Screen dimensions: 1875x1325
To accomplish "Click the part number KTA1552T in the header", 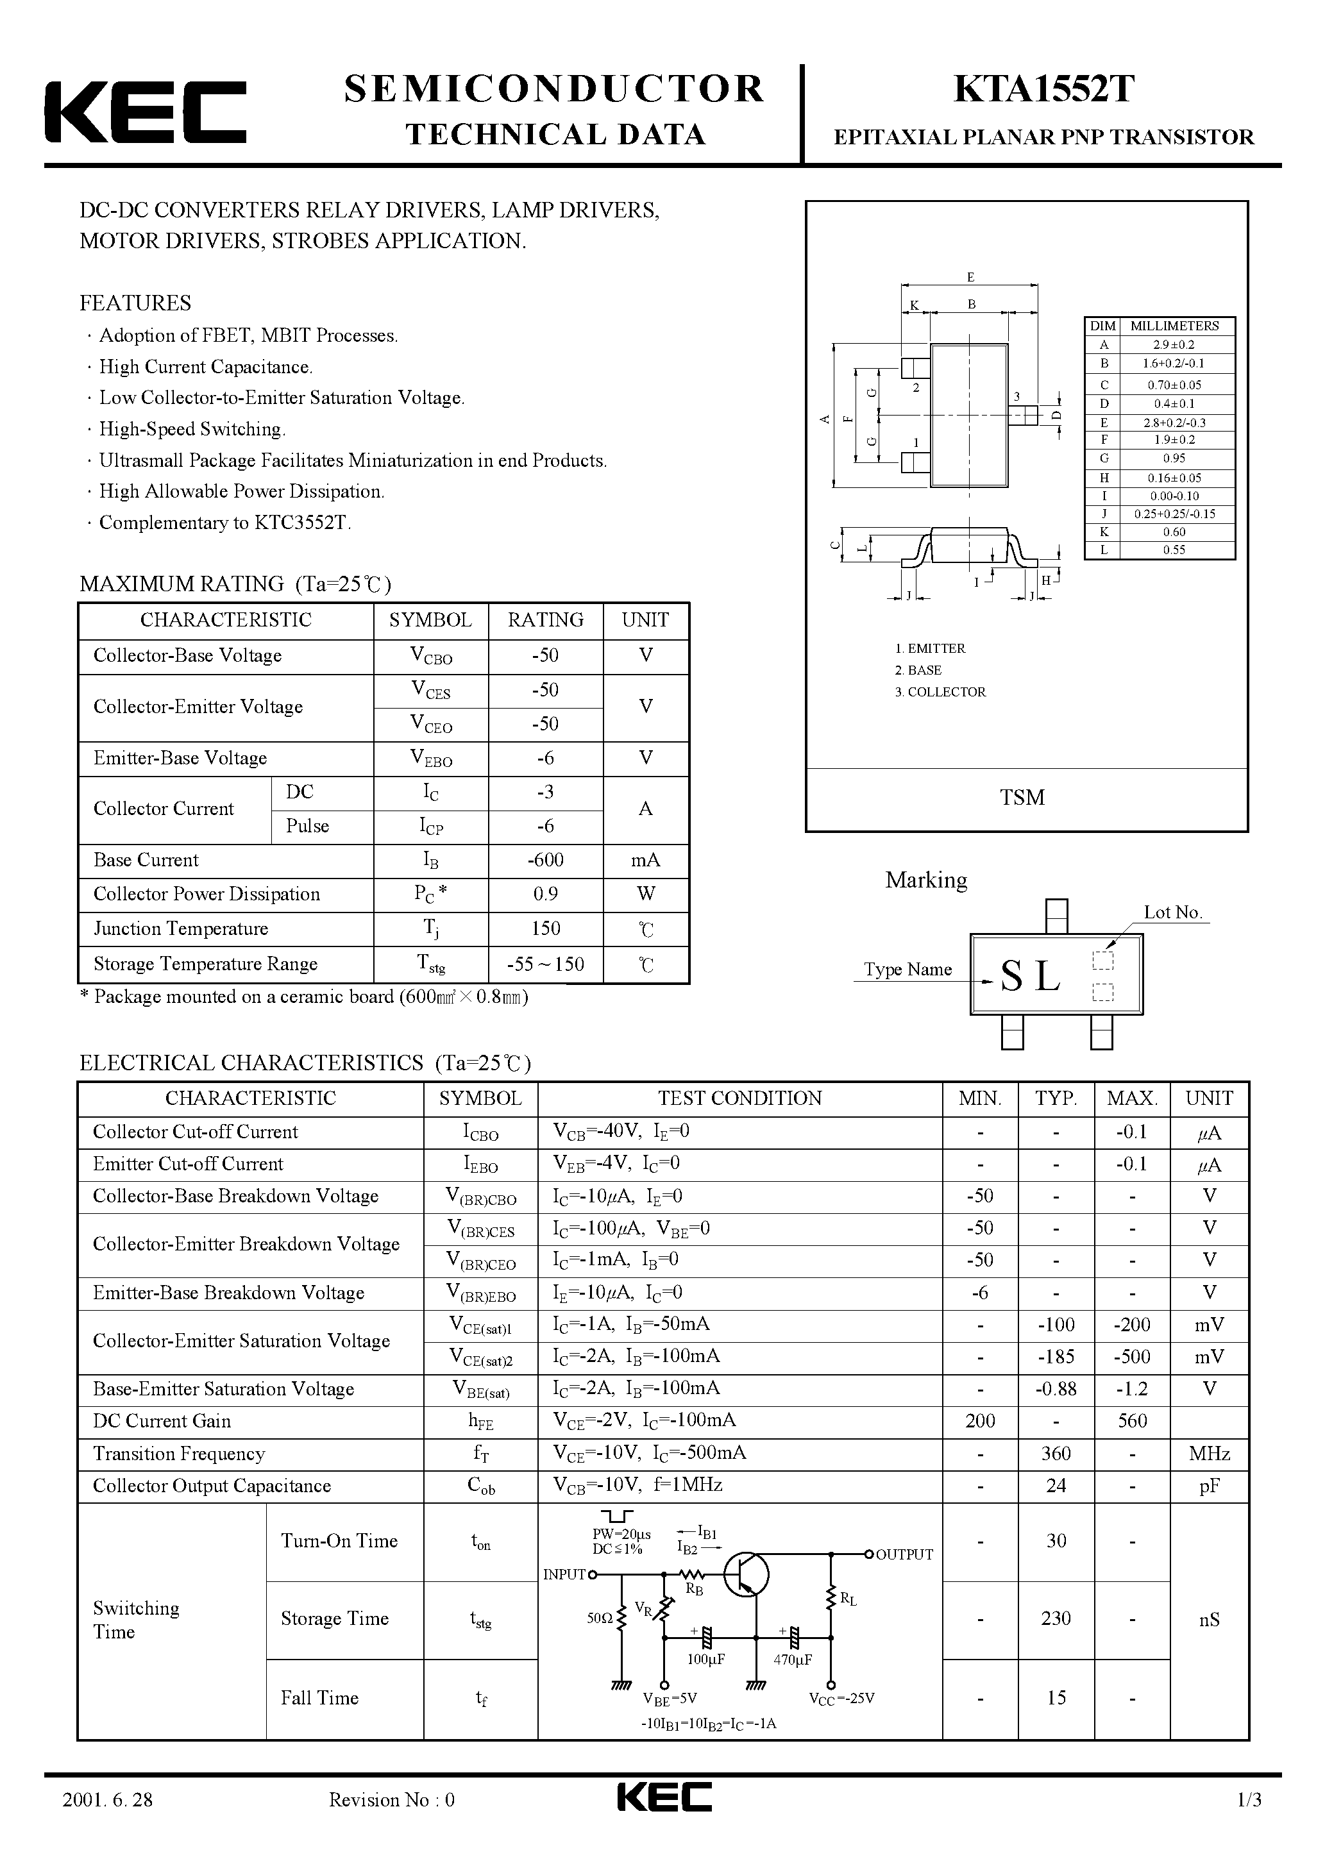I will [1043, 90].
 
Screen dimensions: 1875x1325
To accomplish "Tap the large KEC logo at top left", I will [146, 113].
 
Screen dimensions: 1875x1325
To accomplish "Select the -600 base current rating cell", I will [545, 860].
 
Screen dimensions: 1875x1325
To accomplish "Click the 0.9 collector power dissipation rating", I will [545, 895].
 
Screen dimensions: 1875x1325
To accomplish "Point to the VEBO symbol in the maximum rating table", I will [430, 759].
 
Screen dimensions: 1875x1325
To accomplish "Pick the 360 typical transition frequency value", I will [1056, 1454].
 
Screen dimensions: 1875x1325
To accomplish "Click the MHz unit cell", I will [1209, 1454].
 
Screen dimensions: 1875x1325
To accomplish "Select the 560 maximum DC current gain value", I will [1131, 1421].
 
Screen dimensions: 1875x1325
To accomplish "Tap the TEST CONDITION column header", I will [739, 1098].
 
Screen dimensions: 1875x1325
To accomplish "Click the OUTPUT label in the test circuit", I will [904, 1555].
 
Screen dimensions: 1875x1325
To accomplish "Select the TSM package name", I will [1022, 798].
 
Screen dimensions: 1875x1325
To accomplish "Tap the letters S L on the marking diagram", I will [1031, 976].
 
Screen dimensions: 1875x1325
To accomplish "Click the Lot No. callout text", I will [1173, 913].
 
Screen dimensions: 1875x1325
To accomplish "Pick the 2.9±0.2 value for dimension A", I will [1174, 344].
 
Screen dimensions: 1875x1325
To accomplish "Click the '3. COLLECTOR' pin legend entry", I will [940, 692].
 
